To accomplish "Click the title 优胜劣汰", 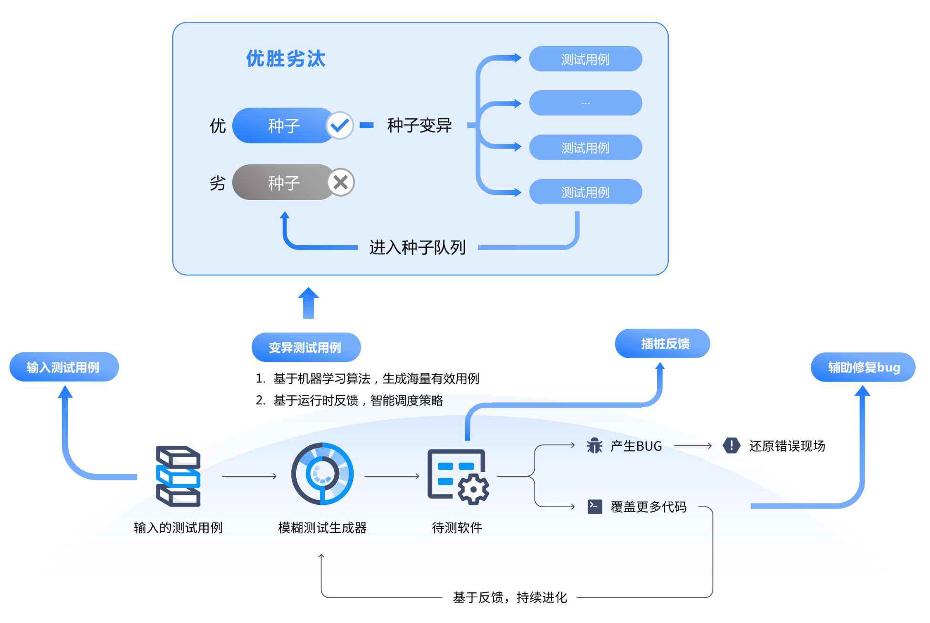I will (x=286, y=59).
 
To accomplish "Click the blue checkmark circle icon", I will (x=340, y=125).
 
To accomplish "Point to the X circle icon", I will (x=341, y=182).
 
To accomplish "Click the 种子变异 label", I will (x=419, y=125).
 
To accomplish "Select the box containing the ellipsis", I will (x=585, y=103).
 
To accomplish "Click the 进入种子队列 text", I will (x=417, y=247).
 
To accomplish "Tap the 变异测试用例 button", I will (x=306, y=347).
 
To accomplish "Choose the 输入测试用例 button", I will (x=64, y=367).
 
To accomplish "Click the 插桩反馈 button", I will (x=662, y=343).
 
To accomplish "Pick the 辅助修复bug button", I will (x=863, y=367).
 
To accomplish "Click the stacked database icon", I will (x=178, y=476).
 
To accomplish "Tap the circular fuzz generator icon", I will (x=322, y=474).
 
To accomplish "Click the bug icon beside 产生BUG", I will (x=594, y=446).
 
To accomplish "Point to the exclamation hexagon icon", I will (x=731, y=446).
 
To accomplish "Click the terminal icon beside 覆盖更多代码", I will (x=595, y=506).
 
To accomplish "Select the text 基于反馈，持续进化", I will (x=509, y=597).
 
